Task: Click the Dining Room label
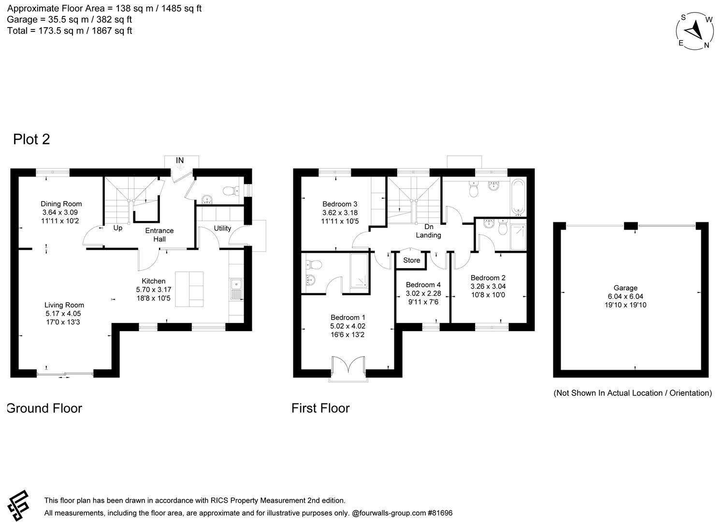61,204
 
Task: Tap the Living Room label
64,305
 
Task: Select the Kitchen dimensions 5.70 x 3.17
154,290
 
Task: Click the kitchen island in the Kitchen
189,289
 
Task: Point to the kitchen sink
237,289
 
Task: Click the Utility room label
222,228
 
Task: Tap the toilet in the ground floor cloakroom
231,191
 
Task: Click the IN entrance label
180,160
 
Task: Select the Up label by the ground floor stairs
117,228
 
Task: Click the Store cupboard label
412,260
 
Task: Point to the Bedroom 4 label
423,285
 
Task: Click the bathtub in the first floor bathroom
519,197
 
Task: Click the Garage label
625,288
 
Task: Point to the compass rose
696,31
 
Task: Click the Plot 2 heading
31,139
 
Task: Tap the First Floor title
320,408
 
